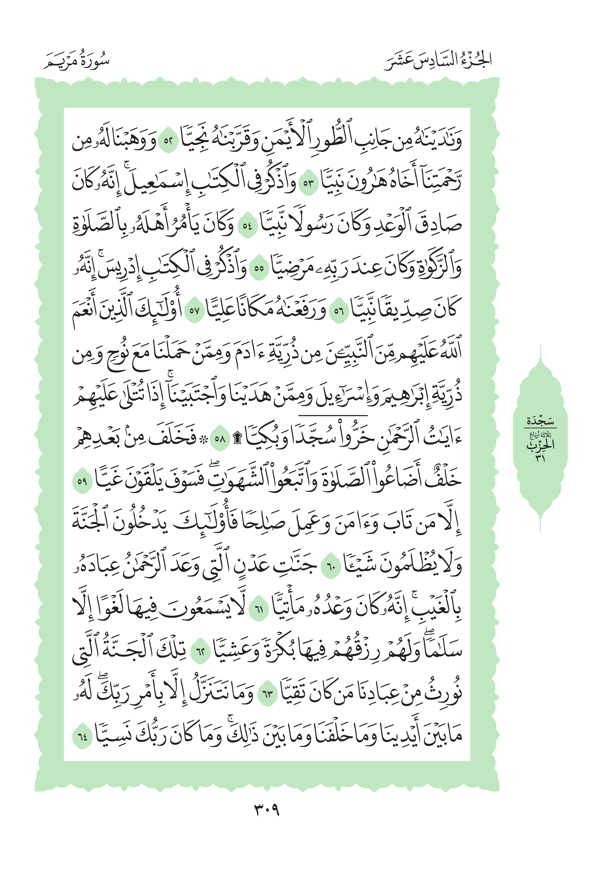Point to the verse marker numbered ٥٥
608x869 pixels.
click(x=259, y=269)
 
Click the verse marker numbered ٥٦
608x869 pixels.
click(x=338, y=311)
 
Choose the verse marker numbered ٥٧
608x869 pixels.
click(x=194, y=311)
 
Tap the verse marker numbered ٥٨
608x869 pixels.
click(x=220, y=439)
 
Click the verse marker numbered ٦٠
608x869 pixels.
click(x=331, y=567)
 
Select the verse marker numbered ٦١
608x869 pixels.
click(x=259, y=609)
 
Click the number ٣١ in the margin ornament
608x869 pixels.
click(x=540, y=458)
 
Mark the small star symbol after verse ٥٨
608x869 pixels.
click(x=205, y=439)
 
